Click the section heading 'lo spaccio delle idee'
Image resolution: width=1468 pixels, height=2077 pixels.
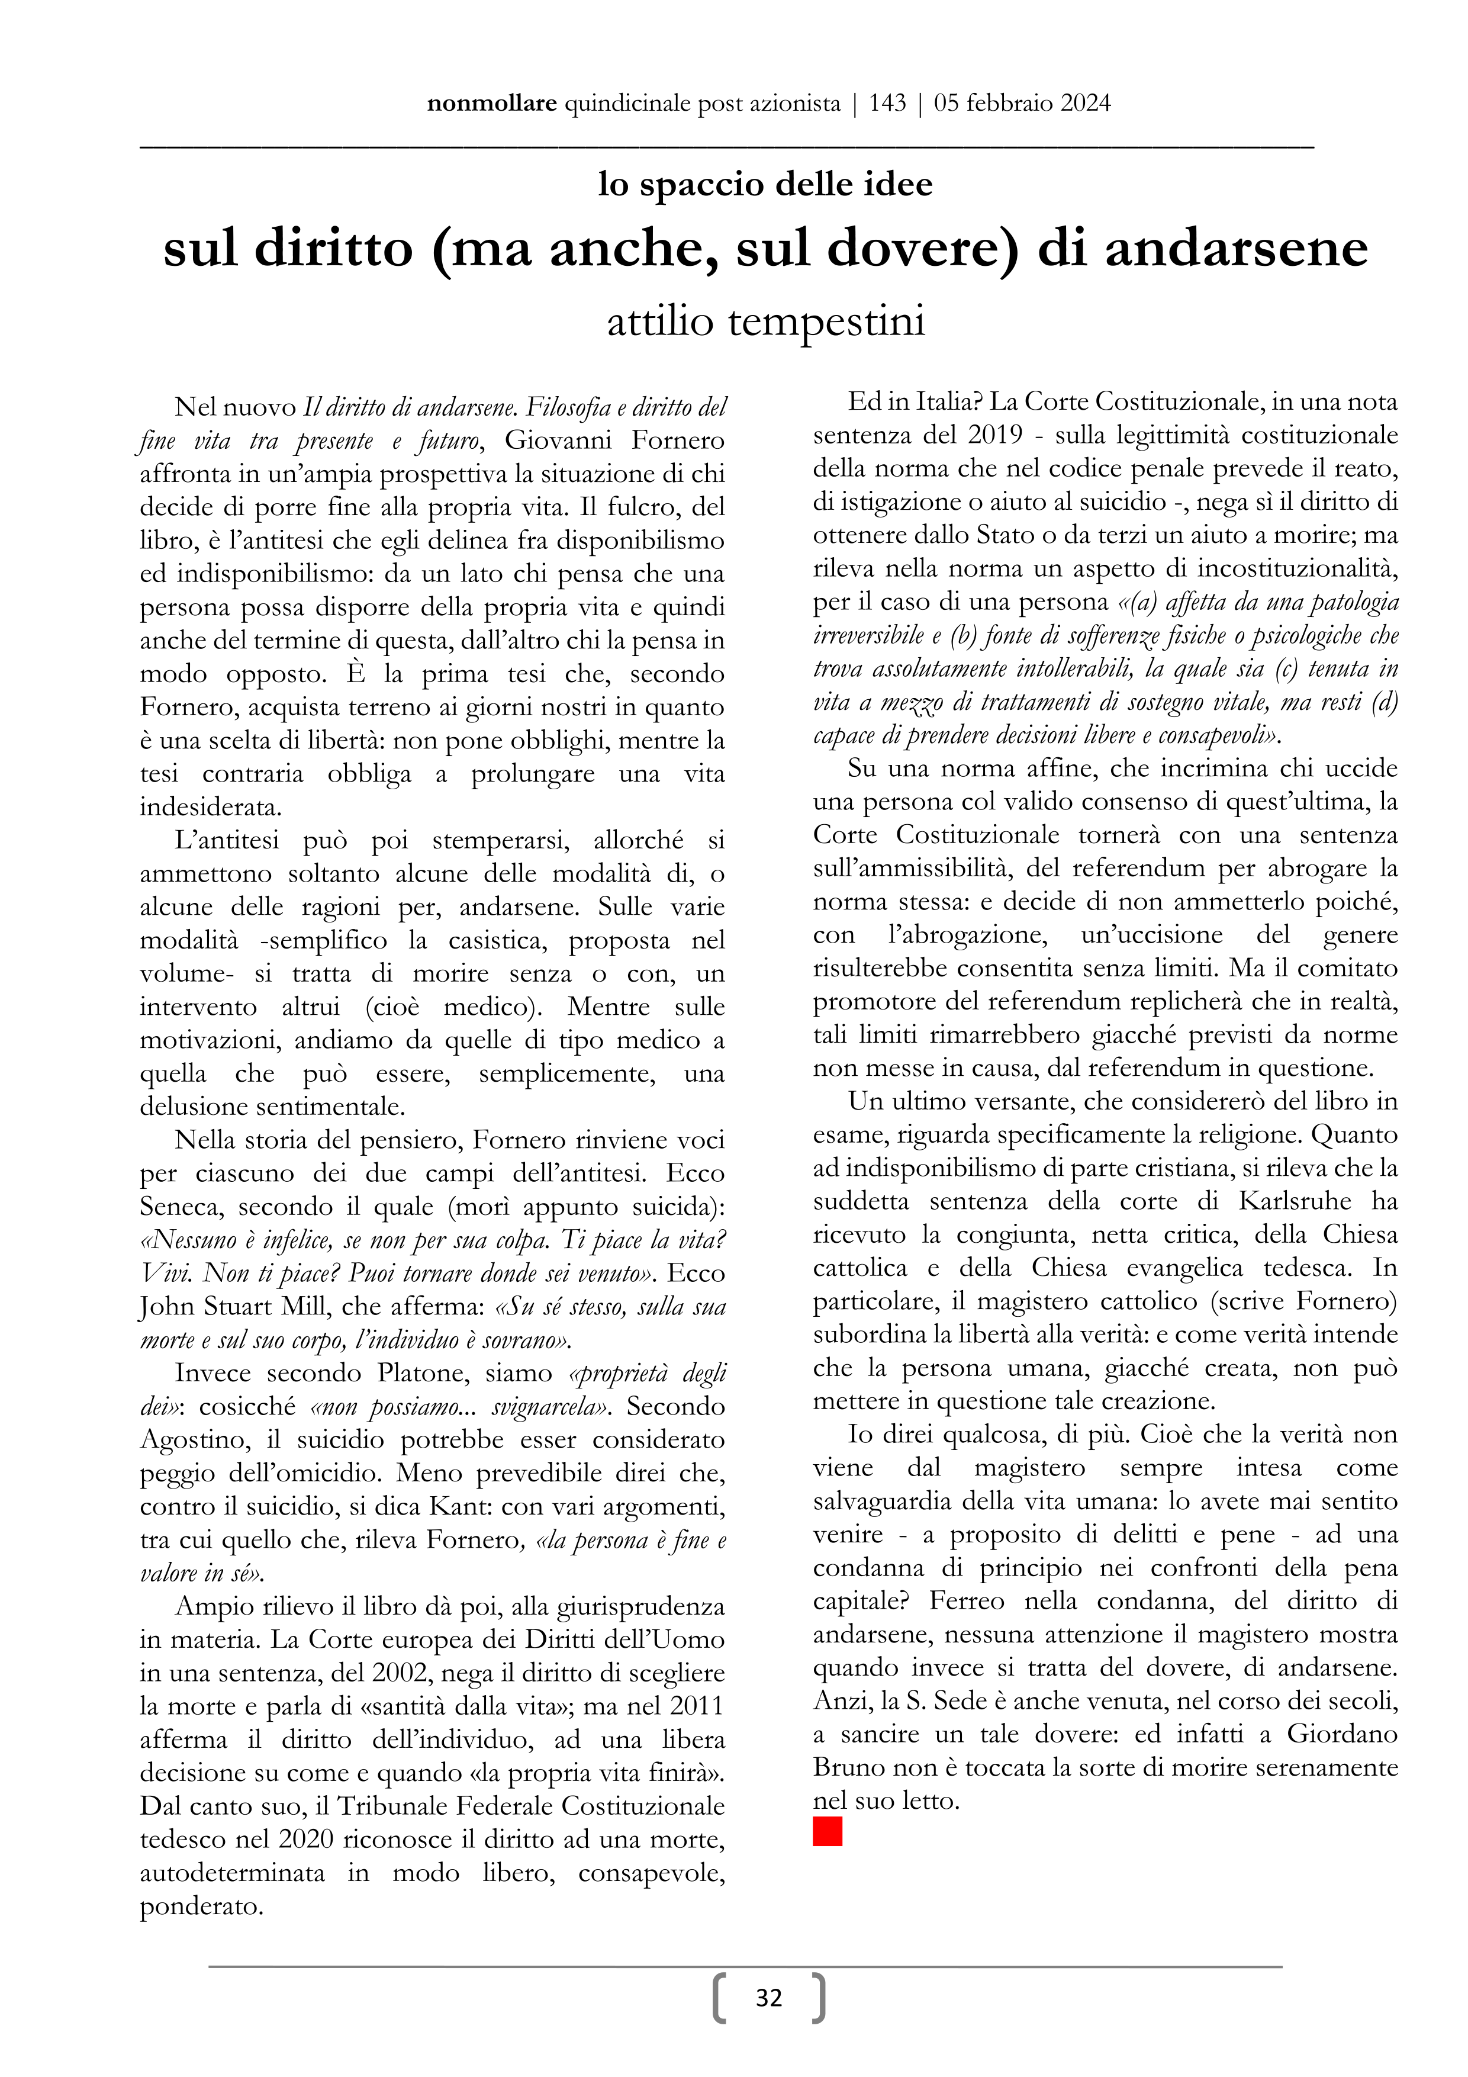[x=765, y=185]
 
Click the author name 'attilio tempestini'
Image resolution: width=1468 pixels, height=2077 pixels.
[x=765, y=322]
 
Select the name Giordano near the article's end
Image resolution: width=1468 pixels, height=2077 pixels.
[x=1343, y=1734]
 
